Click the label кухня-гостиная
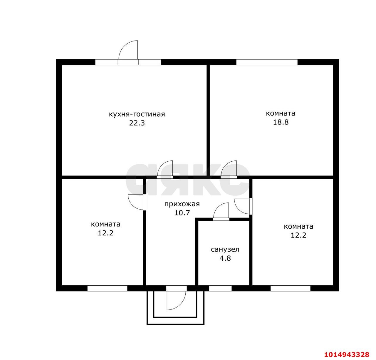(137, 114)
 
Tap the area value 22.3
(137, 123)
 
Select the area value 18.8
(281, 122)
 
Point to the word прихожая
(182, 204)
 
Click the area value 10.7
(182, 213)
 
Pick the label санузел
(225, 250)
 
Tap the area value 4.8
(225, 258)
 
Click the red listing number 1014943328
(347, 355)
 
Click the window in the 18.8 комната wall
(267, 62)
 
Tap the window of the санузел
(220, 288)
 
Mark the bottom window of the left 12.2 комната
(107, 288)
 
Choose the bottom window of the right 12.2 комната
(290, 288)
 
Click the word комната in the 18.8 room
(281, 113)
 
